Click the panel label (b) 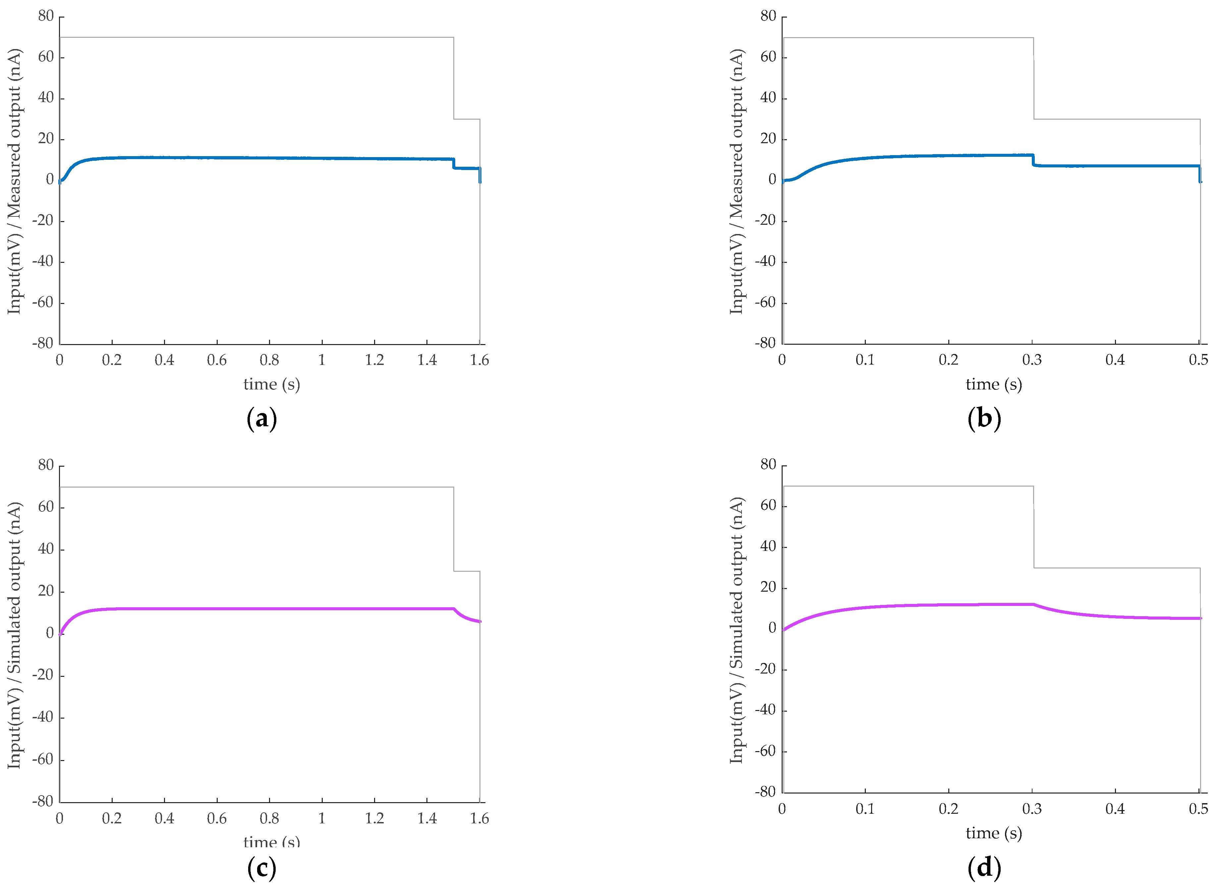coord(984,419)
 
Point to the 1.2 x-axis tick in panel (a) coord(374,360)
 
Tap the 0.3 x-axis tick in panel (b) coord(1032,360)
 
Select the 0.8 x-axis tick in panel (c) coord(269,819)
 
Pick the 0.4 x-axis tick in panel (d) coord(1115,809)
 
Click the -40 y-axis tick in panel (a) coord(43,262)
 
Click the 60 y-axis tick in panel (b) coord(768,57)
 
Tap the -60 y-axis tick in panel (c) coord(43,759)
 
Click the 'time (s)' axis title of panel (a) coord(272,384)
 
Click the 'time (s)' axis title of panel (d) coord(994,833)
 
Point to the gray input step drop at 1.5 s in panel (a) coord(454,78)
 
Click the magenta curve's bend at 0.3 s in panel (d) coord(1033,605)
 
